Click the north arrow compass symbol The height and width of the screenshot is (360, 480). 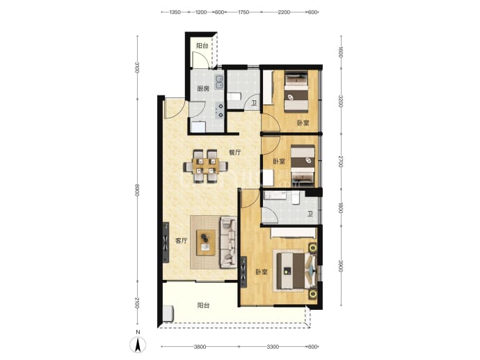pos(138,345)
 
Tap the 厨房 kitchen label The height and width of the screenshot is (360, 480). pos(203,89)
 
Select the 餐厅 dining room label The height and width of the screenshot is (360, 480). pos(235,152)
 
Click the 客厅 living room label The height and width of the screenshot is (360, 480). pos(181,241)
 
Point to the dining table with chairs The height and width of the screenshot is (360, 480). pos(205,166)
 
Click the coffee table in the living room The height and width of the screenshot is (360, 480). pos(206,242)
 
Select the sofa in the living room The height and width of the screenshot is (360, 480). pos(228,242)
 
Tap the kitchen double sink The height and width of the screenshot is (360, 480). pos(220,82)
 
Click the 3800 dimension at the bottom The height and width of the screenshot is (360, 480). pos(200,347)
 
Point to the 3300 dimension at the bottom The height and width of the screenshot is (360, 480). pos(273,347)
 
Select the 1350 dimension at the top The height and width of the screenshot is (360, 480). pos(175,13)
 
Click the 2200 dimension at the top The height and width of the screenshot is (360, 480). pos(284,13)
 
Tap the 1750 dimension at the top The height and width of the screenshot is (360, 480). pos(243,13)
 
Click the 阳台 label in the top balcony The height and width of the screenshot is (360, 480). pos(202,46)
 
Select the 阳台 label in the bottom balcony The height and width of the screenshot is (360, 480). pos(203,306)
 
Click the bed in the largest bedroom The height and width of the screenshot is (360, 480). pos(295,270)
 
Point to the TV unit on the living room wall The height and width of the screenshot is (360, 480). pos(166,242)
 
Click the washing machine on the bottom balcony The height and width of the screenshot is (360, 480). pos(168,313)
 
